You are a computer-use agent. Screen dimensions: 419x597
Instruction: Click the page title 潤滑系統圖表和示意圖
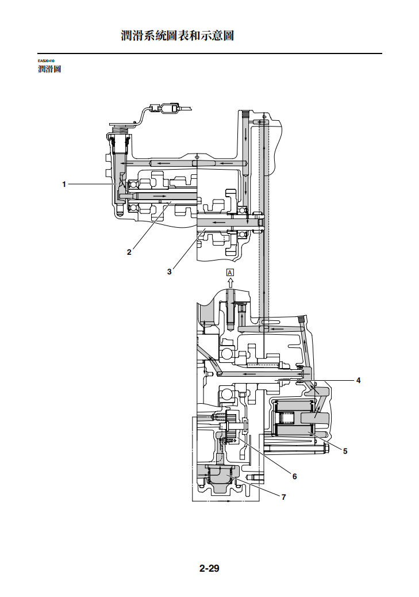178,36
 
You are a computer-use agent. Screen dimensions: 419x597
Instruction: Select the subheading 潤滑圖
49,69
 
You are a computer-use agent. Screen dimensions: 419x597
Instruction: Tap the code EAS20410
46,61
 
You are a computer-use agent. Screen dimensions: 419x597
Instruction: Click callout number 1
64,184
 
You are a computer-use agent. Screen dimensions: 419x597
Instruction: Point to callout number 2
129,252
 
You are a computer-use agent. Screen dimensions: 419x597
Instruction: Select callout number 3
170,271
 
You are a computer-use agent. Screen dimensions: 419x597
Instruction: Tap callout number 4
358,380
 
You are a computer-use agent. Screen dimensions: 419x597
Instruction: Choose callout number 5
345,451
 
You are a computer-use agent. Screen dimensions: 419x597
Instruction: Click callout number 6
294,476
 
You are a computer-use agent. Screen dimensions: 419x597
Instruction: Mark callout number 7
283,497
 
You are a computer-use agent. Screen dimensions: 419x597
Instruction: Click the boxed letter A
230,272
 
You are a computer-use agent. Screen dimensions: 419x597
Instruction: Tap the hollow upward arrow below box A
230,282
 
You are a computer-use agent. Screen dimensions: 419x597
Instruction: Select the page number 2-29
209,568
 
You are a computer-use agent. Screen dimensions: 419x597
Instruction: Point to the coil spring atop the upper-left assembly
120,129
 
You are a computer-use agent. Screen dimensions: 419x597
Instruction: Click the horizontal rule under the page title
210,53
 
